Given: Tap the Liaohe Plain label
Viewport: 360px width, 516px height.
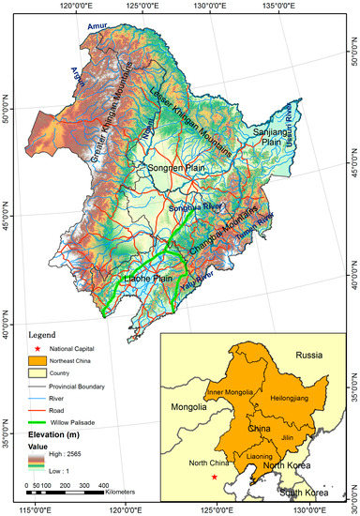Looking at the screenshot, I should [151, 279].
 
